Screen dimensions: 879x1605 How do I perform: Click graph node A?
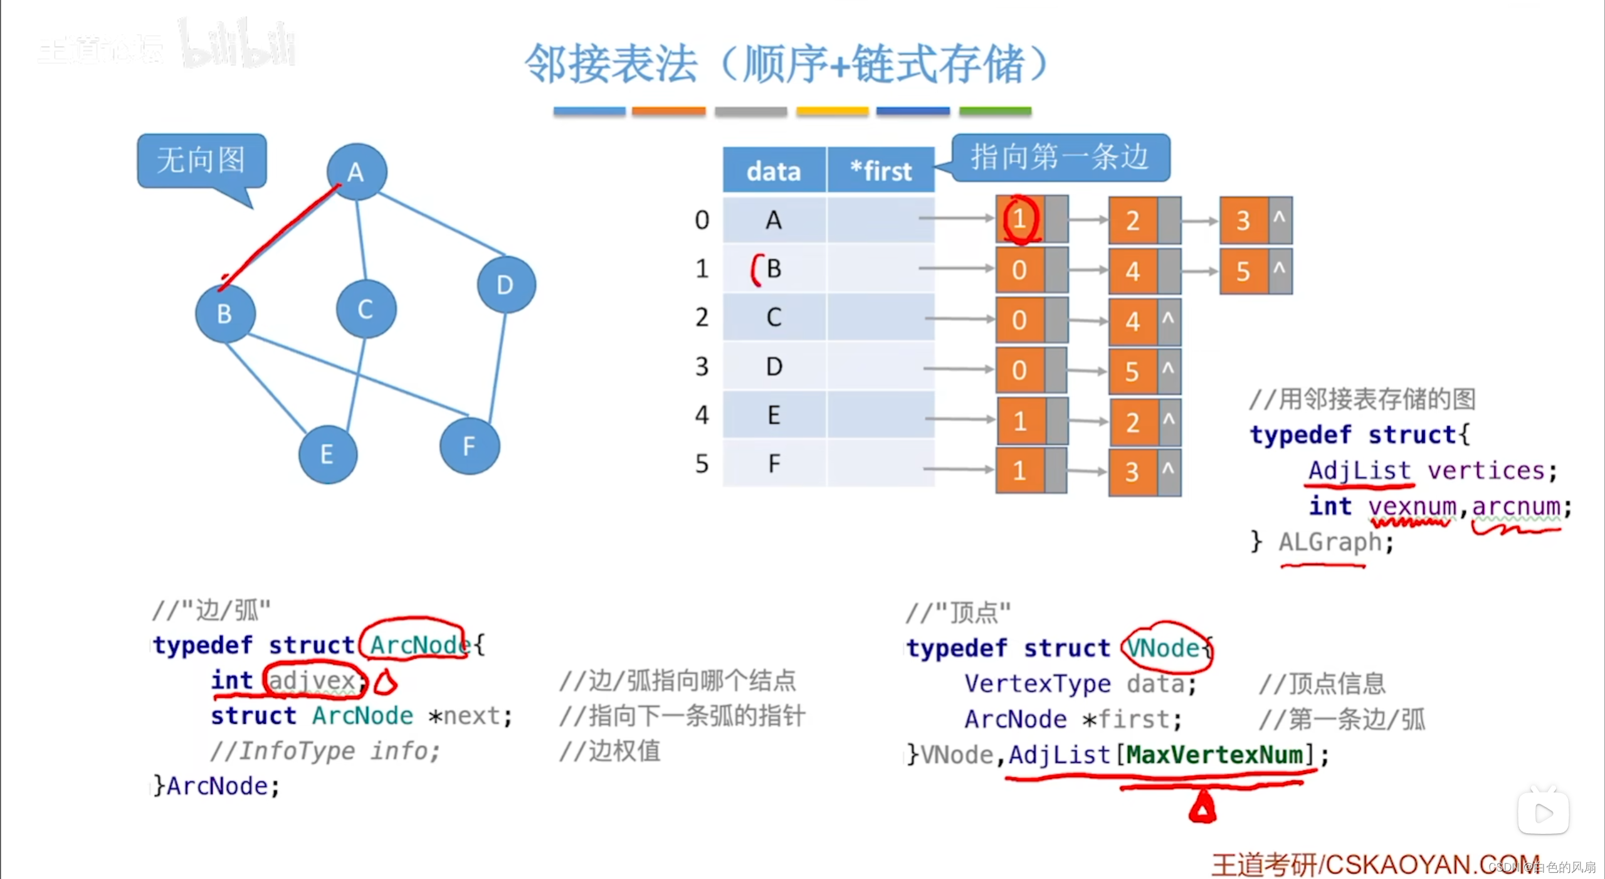click(356, 172)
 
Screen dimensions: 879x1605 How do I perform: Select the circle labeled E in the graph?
click(327, 454)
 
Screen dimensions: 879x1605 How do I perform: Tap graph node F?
click(469, 446)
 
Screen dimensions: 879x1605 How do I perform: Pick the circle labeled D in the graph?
click(505, 285)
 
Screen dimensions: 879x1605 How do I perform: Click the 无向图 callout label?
click(201, 161)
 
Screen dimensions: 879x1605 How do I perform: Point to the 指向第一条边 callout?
click(1060, 157)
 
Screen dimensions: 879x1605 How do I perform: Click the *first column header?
click(881, 171)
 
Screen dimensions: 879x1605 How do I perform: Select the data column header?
click(774, 171)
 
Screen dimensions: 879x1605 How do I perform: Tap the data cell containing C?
click(774, 317)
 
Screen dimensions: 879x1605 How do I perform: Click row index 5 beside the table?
click(702, 464)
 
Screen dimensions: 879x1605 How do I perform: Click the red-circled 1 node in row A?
click(1020, 219)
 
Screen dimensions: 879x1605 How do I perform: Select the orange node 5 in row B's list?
click(1243, 271)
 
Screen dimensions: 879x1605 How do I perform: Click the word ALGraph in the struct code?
click(1330, 542)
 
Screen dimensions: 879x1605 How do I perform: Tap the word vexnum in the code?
click(1412, 506)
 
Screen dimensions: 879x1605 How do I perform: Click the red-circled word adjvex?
click(312, 680)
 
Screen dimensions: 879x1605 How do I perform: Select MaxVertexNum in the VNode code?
click(1214, 755)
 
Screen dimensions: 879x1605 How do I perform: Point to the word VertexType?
click(1037, 683)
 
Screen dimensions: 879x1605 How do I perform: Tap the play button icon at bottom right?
click(1543, 813)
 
